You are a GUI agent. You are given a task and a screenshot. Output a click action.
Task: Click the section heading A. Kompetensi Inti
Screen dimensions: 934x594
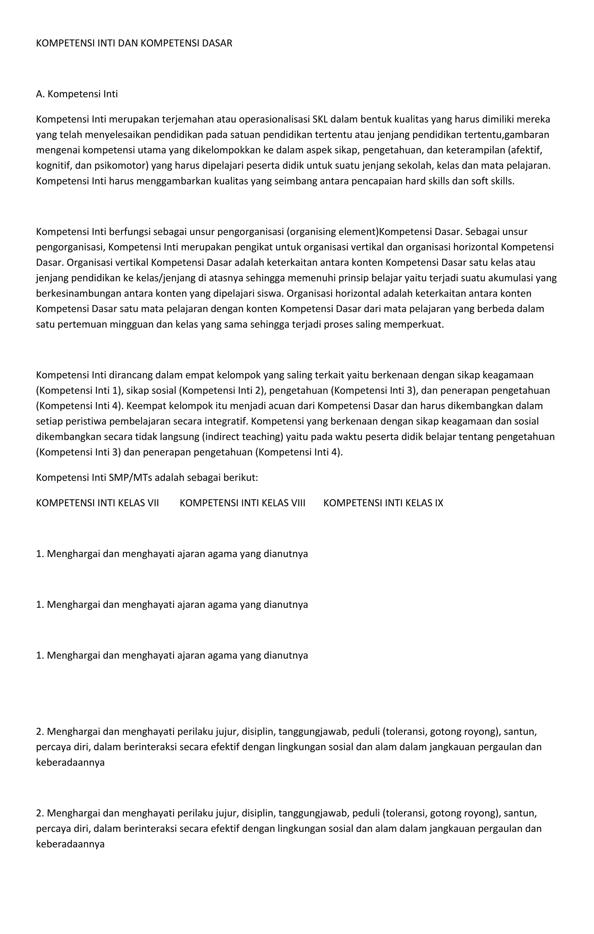tap(77, 94)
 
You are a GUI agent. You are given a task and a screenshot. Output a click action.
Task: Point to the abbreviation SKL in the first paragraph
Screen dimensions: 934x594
tap(320, 119)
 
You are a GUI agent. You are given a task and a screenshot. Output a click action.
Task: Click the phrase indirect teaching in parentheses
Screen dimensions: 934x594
tap(243, 437)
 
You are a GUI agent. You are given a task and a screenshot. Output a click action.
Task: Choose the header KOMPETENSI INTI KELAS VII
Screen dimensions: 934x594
tap(97, 503)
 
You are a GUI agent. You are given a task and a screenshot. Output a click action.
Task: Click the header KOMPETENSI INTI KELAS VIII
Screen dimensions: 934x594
tap(242, 503)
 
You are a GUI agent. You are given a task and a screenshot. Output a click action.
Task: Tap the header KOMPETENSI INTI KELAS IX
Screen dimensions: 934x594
tap(383, 503)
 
